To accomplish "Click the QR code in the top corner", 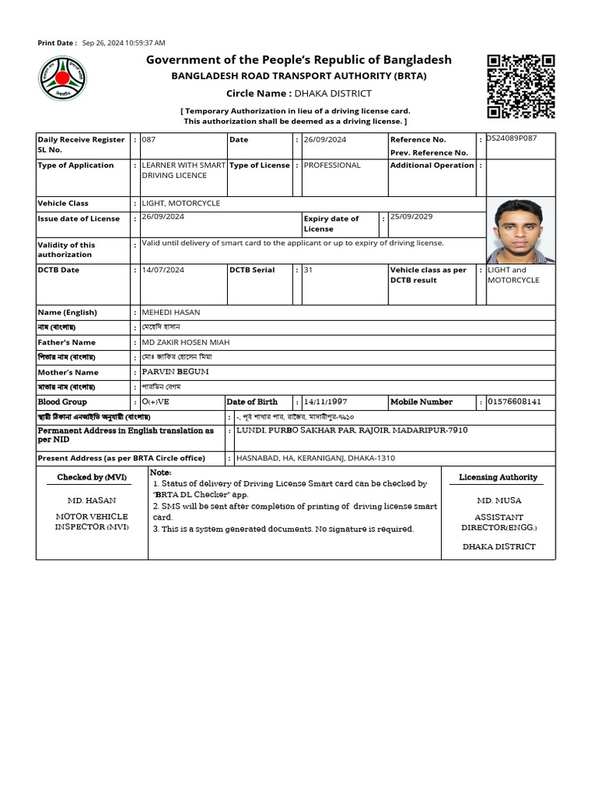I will (x=521, y=86).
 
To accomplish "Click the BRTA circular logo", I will (x=63, y=79).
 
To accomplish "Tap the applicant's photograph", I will (x=520, y=230).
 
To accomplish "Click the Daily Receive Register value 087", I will (x=149, y=139).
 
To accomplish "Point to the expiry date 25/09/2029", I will (x=412, y=217).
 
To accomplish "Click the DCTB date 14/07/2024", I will (x=163, y=270).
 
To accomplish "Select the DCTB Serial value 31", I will (x=309, y=270).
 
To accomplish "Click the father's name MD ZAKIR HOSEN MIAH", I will (x=185, y=342).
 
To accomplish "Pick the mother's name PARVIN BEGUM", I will (x=175, y=372).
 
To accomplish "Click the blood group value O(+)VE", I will (x=155, y=402).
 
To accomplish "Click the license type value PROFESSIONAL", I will (x=332, y=165).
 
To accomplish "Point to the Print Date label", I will (x=57, y=43).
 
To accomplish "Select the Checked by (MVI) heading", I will (x=92, y=477).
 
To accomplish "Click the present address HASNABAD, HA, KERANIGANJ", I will (x=316, y=458).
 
